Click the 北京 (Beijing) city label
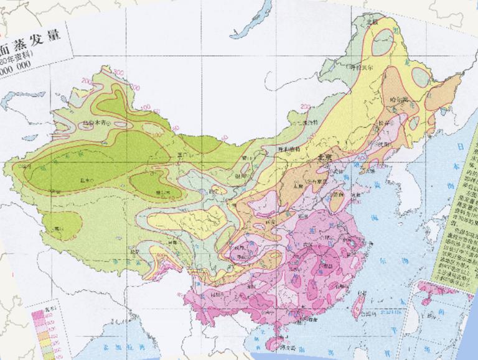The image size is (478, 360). [327, 158]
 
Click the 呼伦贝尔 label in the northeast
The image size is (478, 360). [363, 66]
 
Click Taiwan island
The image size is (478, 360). [358, 306]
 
